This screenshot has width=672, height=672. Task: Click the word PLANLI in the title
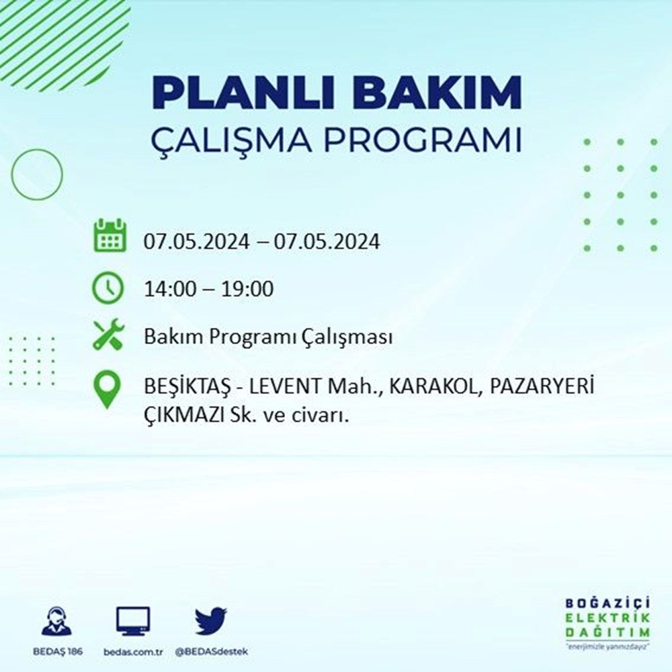(x=243, y=93)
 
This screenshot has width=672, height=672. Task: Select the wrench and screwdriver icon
(x=108, y=334)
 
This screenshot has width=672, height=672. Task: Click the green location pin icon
(x=107, y=389)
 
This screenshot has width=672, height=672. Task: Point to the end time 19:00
(x=247, y=289)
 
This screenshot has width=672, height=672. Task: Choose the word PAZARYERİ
(x=542, y=386)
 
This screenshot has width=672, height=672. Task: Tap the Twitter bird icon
(x=211, y=620)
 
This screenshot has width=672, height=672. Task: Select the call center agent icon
(x=57, y=620)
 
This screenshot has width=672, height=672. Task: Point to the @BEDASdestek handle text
(x=211, y=652)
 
